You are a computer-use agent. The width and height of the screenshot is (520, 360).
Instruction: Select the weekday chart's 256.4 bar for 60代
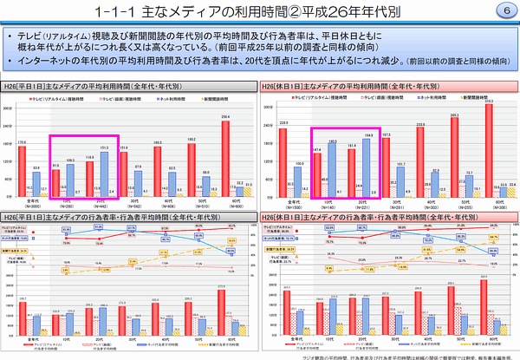pyautogui.click(x=226, y=157)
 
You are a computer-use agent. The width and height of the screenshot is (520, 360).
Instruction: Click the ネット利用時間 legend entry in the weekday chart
pyautogui.click(x=161, y=101)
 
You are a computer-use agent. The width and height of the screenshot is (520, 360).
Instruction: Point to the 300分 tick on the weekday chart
pyautogui.click(x=8, y=108)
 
